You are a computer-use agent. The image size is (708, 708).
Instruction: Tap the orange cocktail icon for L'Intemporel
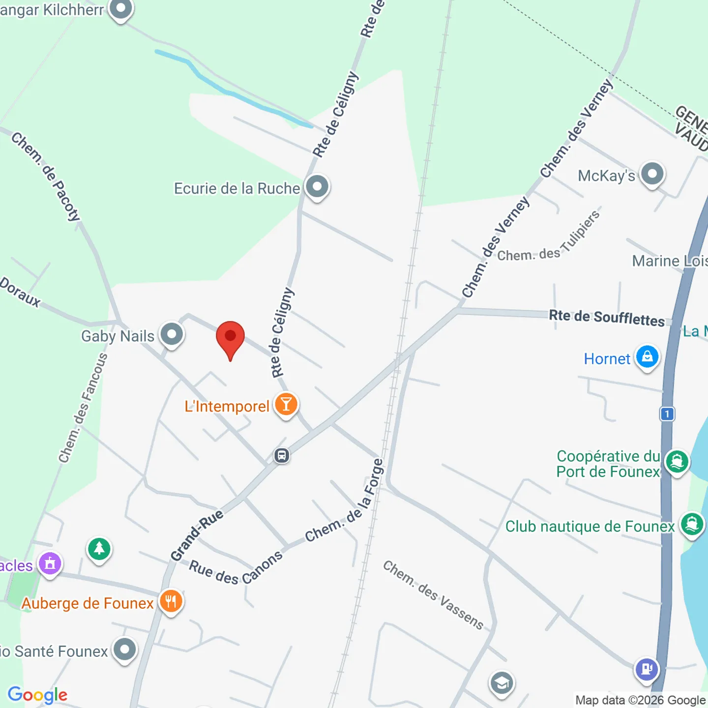[286, 405]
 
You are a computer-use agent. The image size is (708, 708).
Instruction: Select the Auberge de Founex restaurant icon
[171, 601]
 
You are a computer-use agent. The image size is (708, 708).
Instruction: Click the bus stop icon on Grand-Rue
[282, 456]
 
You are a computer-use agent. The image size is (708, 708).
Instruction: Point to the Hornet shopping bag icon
[647, 357]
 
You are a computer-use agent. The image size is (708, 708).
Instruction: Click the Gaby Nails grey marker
[172, 335]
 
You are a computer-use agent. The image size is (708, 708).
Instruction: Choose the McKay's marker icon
[652, 174]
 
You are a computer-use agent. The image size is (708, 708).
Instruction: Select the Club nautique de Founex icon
[692, 524]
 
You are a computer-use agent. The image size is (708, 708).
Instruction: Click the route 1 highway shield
[667, 414]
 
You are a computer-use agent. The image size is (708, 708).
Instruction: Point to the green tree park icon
[99, 548]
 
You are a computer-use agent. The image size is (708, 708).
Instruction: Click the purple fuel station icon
[647, 669]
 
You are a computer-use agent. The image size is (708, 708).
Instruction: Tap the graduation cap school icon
[501, 683]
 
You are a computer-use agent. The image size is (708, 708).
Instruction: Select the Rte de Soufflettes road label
[607, 318]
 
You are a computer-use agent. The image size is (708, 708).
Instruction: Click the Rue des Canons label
[236, 568]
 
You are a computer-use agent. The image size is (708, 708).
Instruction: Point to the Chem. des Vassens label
[433, 594]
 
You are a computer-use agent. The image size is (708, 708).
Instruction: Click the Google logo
[38, 695]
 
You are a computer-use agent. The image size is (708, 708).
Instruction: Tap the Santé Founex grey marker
[124, 650]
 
